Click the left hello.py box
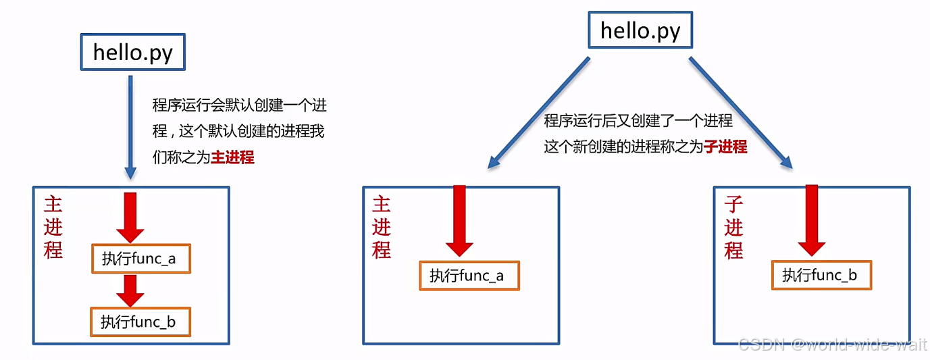132,51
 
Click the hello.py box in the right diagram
640,30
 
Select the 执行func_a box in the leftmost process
141,259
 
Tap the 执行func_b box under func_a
140,322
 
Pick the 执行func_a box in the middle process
469,276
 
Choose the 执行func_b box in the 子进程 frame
821,275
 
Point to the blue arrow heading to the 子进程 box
740,111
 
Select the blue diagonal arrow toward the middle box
538,111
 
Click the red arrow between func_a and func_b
130,290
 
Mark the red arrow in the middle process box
460,220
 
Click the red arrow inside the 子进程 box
812,220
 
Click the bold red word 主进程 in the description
233,157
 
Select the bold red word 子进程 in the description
725,147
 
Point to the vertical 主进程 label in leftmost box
53,228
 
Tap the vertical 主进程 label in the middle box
382,228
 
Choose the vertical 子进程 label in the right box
734,228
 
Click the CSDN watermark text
832,345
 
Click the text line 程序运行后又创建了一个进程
638,121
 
